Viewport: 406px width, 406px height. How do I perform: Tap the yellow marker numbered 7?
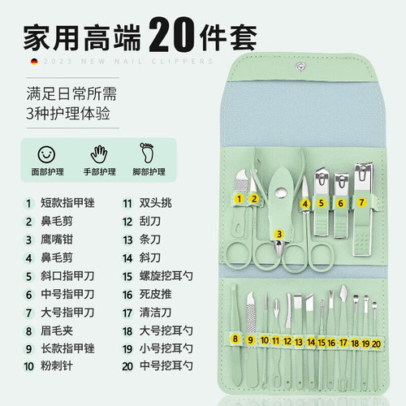point(362,201)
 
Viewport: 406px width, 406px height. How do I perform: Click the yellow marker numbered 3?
point(279,234)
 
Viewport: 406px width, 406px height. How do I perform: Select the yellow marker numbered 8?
point(235,339)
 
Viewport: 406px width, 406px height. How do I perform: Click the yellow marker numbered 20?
point(376,343)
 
